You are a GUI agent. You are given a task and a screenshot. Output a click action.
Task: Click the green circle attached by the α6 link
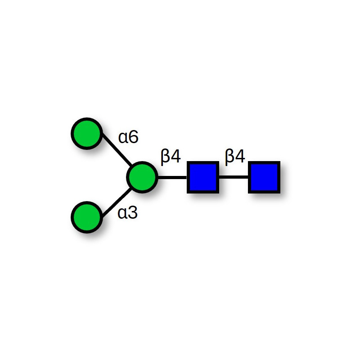tap(86, 134)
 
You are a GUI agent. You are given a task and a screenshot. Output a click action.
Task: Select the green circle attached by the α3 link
tap(86, 217)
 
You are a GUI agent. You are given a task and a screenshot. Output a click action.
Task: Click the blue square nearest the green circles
tap(202, 177)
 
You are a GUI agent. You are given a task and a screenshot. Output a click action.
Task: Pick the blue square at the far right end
tap(264, 177)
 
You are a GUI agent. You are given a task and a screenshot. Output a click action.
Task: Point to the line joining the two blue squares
tap(233, 177)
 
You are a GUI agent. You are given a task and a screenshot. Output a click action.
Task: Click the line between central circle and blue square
tap(172, 177)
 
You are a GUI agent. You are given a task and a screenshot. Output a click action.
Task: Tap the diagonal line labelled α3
tap(115, 202)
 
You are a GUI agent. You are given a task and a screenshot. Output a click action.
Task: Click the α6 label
tap(128, 137)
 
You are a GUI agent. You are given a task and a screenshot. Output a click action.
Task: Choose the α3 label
tap(128, 213)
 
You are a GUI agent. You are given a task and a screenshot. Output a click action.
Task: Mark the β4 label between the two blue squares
tap(235, 157)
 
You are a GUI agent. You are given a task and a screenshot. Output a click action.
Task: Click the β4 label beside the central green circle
tap(171, 157)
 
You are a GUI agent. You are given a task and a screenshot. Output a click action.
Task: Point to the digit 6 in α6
tap(133, 137)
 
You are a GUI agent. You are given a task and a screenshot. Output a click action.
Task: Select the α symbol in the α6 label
tap(123, 138)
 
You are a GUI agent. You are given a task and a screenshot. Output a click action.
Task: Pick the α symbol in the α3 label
tap(122, 214)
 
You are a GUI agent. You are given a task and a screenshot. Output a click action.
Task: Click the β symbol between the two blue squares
tap(230, 157)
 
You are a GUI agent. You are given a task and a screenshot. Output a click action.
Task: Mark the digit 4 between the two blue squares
tap(240, 157)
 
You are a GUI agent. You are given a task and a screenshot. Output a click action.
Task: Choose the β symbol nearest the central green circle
tap(166, 157)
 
